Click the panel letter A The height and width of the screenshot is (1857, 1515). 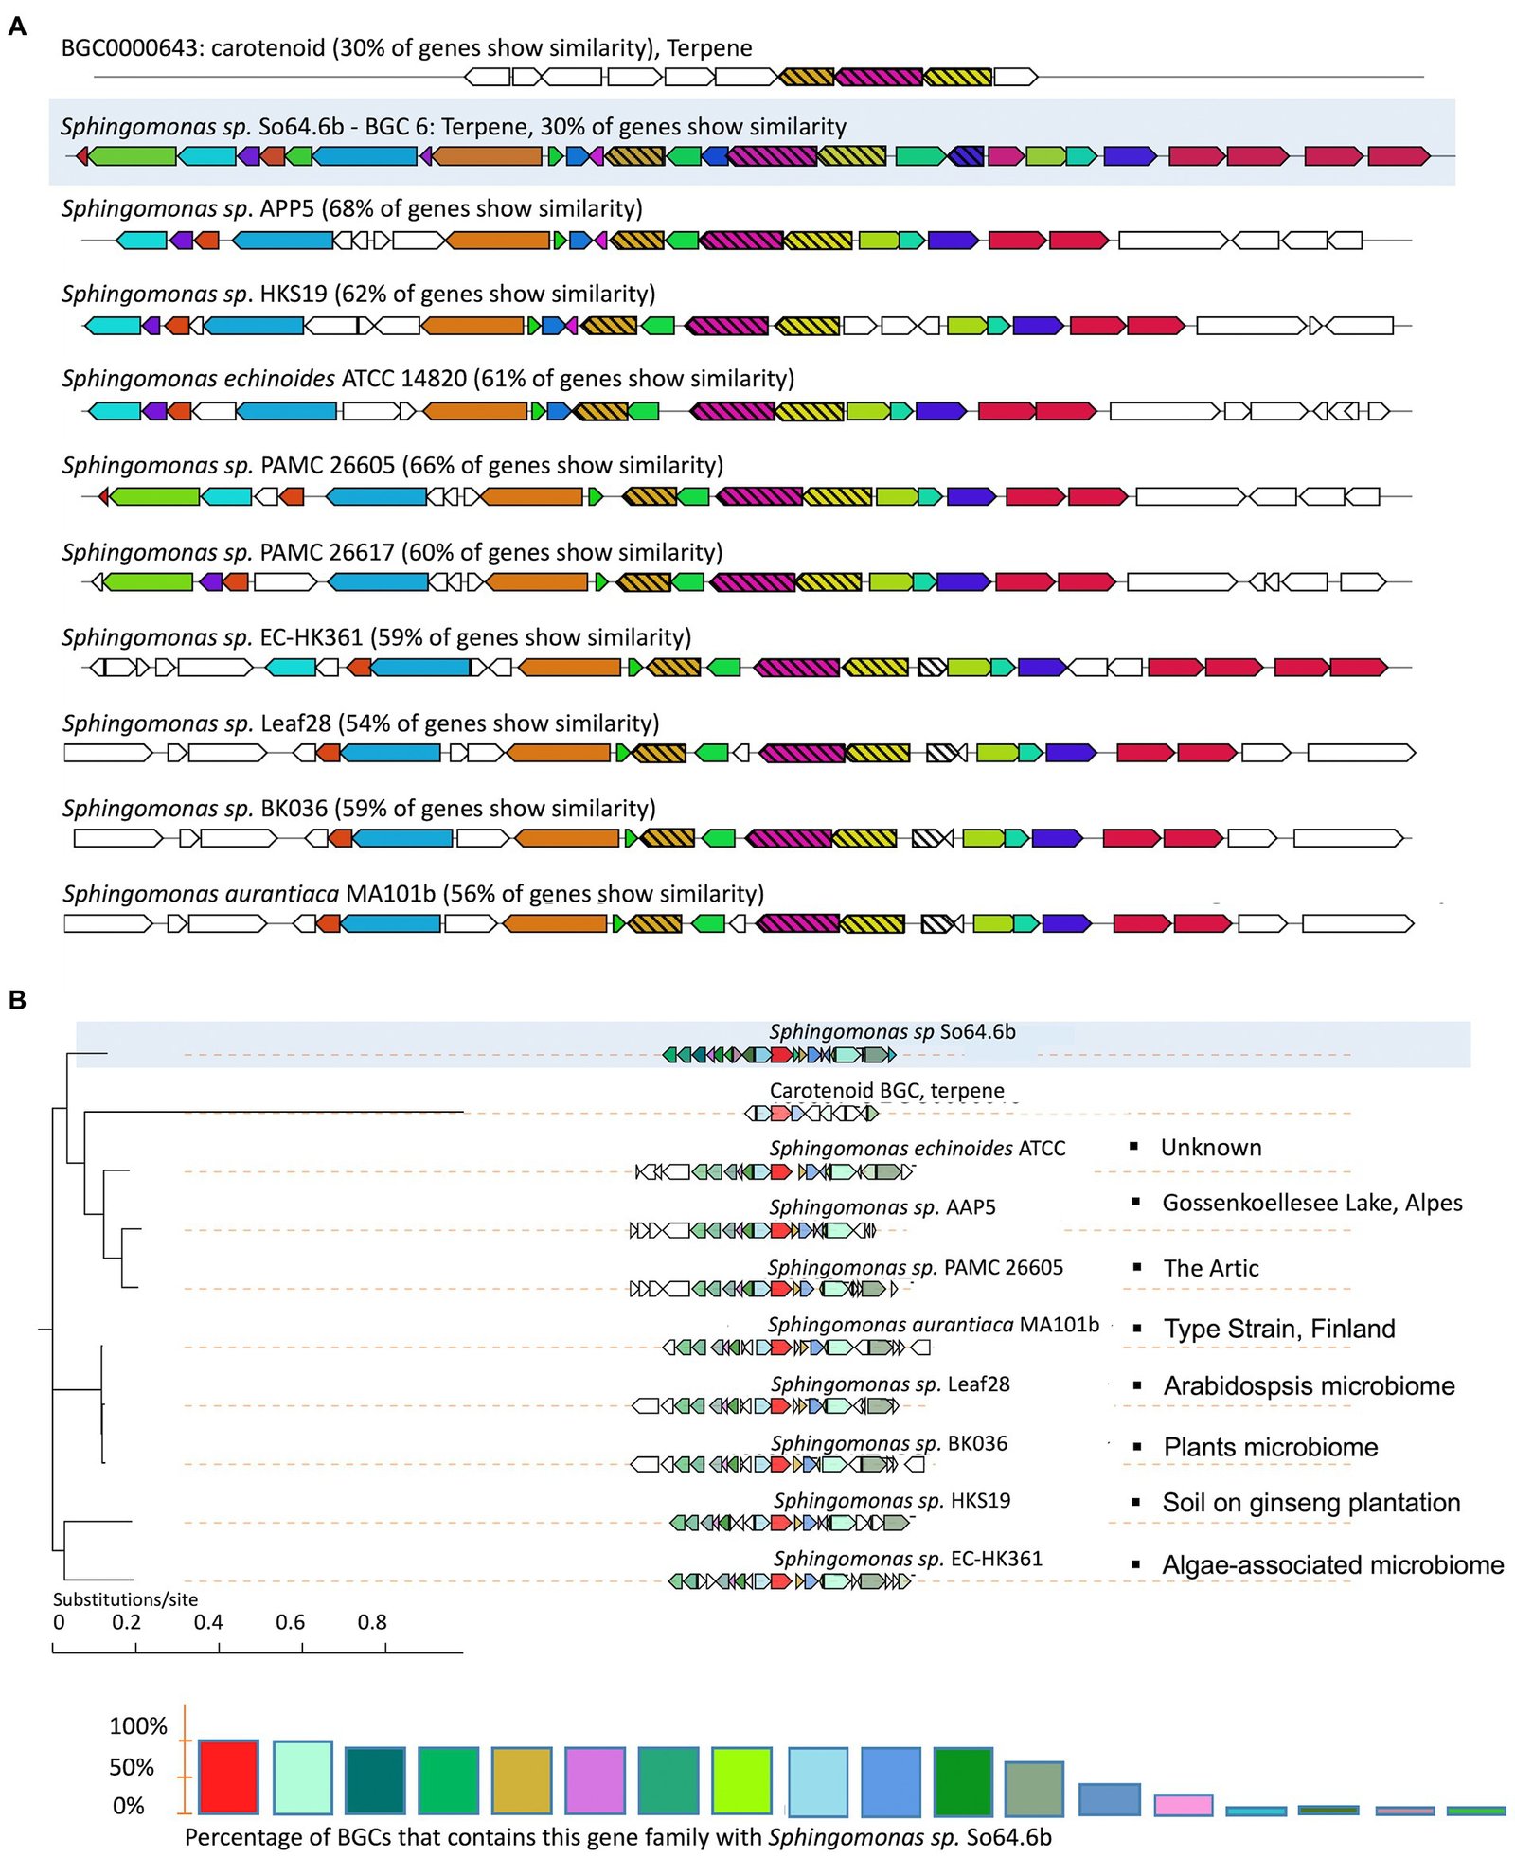point(17,27)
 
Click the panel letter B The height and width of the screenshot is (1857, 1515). point(17,999)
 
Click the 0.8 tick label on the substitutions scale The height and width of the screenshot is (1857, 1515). point(372,1621)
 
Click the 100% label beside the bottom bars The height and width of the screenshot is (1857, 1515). point(137,1725)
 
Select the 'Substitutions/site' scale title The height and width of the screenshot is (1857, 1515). point(125,1598)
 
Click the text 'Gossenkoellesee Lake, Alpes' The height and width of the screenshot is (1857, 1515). point(1311,1203)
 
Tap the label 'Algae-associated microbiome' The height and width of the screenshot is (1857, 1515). point(1332,1564)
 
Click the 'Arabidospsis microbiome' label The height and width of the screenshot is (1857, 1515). point(1309,1385)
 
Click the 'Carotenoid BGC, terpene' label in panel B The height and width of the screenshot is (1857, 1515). point(886,1090)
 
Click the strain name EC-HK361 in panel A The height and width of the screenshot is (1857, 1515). point(312,637)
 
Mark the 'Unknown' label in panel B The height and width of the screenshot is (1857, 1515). point(1211,1147)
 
